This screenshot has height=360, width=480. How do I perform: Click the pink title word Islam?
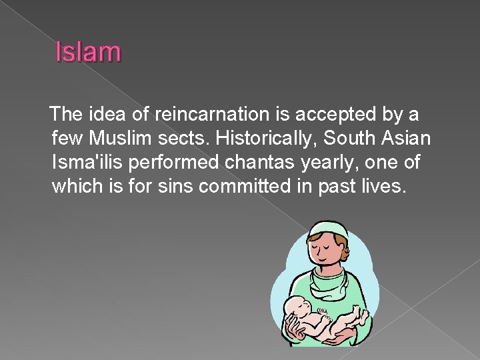(88, 51)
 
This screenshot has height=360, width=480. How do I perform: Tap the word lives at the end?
(384, 185)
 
